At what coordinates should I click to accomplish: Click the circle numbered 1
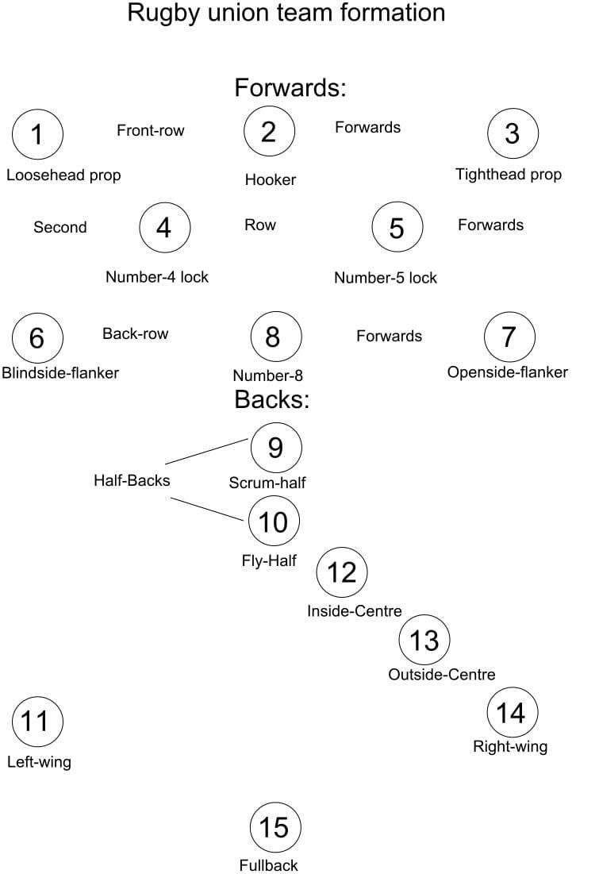point(37,134)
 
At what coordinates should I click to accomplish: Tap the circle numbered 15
point(275,828)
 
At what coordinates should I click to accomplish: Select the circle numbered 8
point(275,337)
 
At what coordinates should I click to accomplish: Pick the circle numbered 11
point(37,722)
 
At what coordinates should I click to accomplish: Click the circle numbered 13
point(424,640)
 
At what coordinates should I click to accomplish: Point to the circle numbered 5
point(397,228)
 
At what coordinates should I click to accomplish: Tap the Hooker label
point(270,180)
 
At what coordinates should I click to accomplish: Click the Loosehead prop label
point(63,175)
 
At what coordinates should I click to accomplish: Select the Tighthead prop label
point(508,175)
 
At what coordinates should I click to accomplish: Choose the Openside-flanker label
point(507,372)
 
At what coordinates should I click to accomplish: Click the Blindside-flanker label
point(60,373)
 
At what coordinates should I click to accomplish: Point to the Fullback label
point(268,865)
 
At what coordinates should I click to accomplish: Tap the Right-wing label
point(509,746)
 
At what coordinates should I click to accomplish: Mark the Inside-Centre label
point(354,611)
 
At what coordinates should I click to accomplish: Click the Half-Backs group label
point(132,480)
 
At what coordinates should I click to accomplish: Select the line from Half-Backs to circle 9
point(207,451)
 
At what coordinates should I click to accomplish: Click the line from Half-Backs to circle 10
point(207,509)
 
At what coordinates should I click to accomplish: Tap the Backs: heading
point(271,399)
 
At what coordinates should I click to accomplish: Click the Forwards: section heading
point(290,87)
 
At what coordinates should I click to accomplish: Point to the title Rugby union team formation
point(286,13)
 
